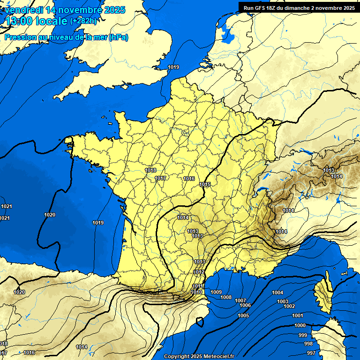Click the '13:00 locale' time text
(x=36, y=21)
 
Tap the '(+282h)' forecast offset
(x=83, y=21)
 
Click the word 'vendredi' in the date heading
(x=22, y=10)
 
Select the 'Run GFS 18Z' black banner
(x=299, y=7)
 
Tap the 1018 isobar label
(x=151, y=170)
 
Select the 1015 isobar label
(x=204, y=185)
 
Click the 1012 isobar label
(x=199, y=272)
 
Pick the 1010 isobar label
(x=196, y=292)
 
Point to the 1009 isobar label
(x=216, y=292)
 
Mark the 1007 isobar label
(x=240, y=300)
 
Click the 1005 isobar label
(x=243, y=315)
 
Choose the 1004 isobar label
(x=277, y=292)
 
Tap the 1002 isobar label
(x=289, y=306)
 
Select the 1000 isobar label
(x=300, y=325)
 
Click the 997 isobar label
(x=311, y=352)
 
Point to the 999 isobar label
(x=303, y=335)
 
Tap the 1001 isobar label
(x=298, y=315)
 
